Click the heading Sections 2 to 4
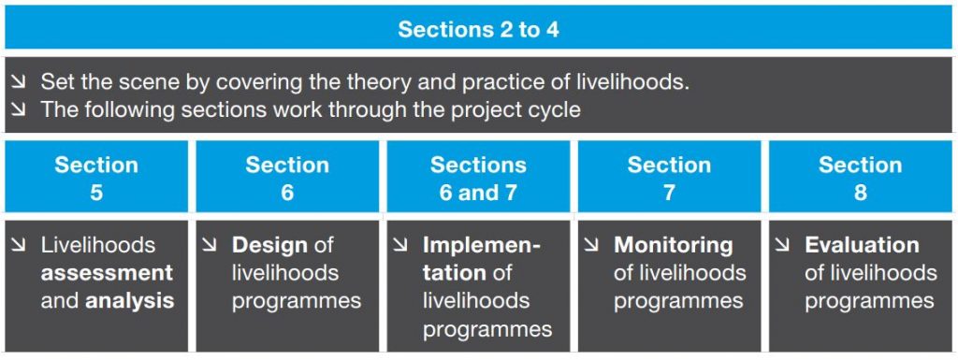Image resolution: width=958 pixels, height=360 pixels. tap(478, 29)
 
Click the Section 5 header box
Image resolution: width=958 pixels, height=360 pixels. tap(96, 178)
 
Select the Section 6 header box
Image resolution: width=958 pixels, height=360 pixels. tap(287, 178)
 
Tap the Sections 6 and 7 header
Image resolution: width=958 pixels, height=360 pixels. tap(478, 178)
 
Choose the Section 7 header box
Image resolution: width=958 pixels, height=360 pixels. tap(669, 178)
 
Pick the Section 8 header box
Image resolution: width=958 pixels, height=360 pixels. tap(860, 178)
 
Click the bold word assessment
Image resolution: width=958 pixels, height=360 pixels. tap(107, 273)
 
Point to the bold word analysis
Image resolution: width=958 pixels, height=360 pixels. tap(130, 301)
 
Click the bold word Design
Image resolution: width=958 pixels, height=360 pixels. tap(269, 245)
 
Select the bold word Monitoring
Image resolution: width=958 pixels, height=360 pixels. tap(674, 245)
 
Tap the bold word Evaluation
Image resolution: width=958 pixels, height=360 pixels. tap(862, 245)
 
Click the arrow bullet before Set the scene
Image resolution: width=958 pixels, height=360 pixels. tap(18, 83)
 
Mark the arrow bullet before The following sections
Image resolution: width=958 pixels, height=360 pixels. tap(18, 110)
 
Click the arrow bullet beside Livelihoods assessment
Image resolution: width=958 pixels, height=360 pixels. tap(19, 246)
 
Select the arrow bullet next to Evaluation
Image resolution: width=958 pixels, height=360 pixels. tap(783, 246)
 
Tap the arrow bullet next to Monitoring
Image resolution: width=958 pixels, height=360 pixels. tap(592, 246)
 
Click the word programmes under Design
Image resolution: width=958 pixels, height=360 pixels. tap(297, 301)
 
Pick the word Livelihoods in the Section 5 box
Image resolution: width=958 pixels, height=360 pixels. tap(98, 245)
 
